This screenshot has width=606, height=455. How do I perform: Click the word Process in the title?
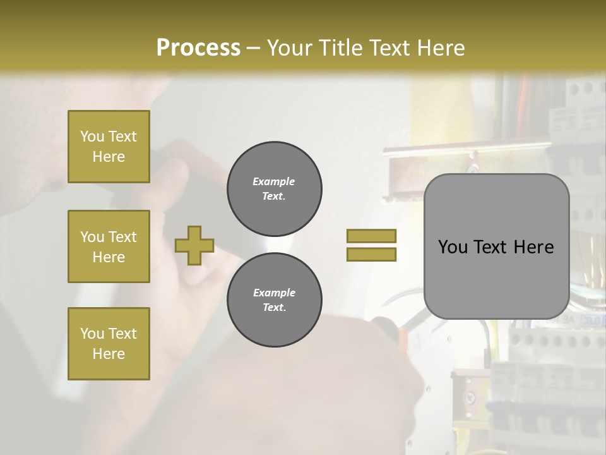click(198, 48)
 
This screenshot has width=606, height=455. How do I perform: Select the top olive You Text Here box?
click(109, 147)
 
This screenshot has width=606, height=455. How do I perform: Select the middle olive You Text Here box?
click(109, 246)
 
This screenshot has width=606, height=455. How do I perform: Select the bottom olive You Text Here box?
click(109, 344)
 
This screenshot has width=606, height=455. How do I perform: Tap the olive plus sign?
click(194, 245)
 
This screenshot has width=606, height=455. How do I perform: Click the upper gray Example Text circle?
click(274, 189)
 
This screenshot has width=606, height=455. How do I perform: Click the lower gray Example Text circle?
click(274, 300)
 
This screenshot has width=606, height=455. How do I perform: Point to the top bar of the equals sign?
click(371, 236)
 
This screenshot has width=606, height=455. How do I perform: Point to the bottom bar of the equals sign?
click(371, 254)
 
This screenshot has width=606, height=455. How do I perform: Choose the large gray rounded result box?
click(496, 246)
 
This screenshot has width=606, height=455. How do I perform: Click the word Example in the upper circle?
click(274, 181)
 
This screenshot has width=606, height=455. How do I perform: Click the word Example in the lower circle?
click(274, 293)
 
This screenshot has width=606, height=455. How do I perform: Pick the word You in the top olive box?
click(92, 136)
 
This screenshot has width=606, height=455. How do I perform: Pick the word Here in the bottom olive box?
click(109, 354)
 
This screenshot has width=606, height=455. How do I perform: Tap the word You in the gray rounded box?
click(453, 247)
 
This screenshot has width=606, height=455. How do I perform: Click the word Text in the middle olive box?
click(122, 237)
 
